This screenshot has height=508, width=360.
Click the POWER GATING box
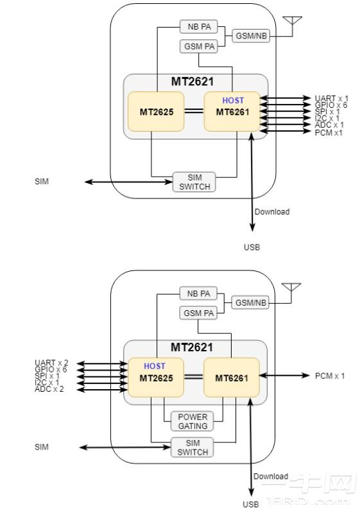(193, 421)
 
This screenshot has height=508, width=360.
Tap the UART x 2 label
(52, 363)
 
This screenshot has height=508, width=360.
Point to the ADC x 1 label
(329, 125)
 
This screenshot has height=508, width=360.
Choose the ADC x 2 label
(49, 389)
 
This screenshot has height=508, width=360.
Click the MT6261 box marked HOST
(232, 112)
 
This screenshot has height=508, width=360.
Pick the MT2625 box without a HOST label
(156, 112)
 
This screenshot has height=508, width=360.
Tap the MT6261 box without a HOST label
(232, 378)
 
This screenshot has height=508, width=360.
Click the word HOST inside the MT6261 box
(233, 101)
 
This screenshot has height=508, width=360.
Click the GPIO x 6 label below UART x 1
(330, 105)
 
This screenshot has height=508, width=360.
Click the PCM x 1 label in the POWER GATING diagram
(329, 376)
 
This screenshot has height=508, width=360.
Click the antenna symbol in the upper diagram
(292, 22)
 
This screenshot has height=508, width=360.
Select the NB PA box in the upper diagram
(198, 27)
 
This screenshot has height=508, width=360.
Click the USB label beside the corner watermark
(251, 504)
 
